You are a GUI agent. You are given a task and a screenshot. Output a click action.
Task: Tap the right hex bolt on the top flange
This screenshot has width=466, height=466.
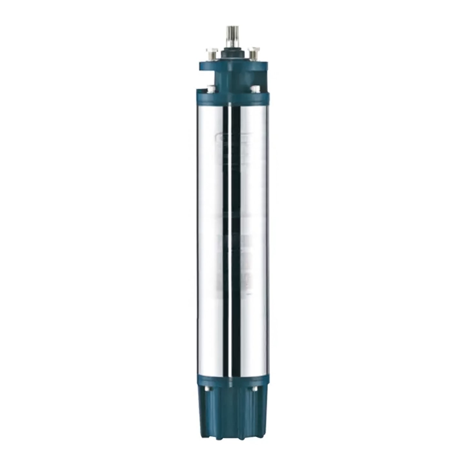(x=253, y=51)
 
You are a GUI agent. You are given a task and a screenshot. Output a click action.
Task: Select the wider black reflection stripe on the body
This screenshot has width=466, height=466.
(x=235, y=226)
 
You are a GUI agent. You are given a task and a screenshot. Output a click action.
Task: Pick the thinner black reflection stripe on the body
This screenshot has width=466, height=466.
(x=226, y=226)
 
